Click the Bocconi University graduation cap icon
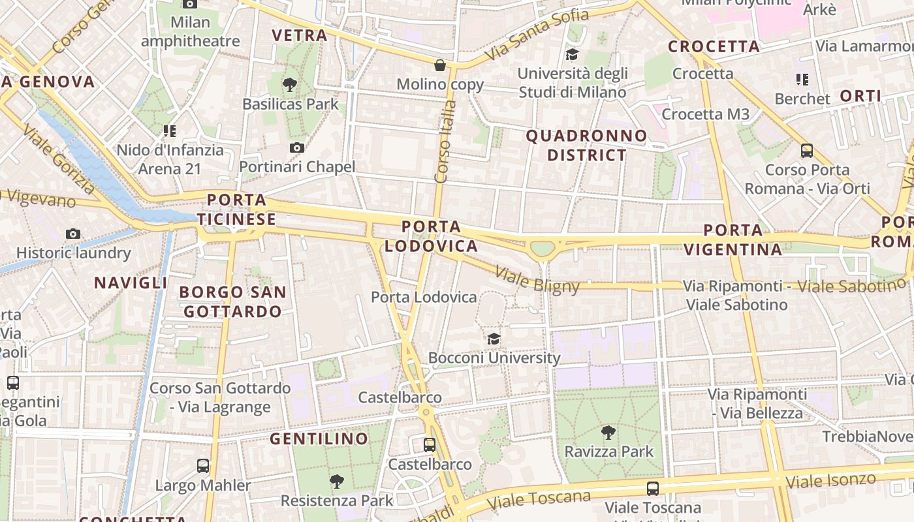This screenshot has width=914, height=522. [x=494, y=339]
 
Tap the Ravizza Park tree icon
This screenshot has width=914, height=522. [x=608, y=432]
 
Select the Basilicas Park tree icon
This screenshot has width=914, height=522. [x=290, y=84]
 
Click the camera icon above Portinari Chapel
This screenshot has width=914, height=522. [x=297, y=148]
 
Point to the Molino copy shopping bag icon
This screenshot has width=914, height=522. [x=441, y=65]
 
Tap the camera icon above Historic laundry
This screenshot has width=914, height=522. [x=73, y=234]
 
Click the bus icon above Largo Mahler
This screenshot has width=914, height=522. [x=203, y=466]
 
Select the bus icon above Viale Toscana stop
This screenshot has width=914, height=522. [x=652, y=488]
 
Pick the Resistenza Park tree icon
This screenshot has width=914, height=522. [x=337, y=482]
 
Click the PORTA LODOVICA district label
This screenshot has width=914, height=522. [x=431, y=236]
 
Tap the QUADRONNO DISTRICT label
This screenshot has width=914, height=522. [x=586, y=146]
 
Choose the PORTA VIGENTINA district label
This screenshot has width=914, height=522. [x=742, y=239]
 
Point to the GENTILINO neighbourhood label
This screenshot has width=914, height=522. [x=319, y=439]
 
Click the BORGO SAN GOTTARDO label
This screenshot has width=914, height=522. [x=232, y=301]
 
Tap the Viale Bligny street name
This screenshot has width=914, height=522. [x=537, y=279]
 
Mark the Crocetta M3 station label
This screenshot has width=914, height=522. [x=705, y=114]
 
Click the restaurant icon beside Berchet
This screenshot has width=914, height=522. [x=802, y=80]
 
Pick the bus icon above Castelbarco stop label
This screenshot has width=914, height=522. [x=430, y=445]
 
